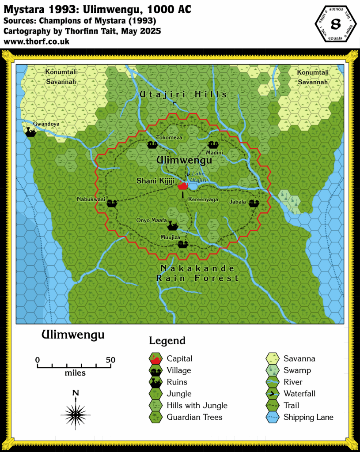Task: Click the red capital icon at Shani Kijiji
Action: click(183, 186)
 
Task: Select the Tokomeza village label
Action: click(169, 138)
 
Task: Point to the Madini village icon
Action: click(213, 144)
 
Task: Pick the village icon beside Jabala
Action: click(254, 203)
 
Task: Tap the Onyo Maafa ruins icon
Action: click(173, 226)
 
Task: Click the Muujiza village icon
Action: click(183, 244)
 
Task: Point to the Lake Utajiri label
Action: click(198, 177)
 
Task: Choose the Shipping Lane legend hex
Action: click(273, 417)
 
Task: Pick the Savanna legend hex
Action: click(273, 359)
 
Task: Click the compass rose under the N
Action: click(76, 414)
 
